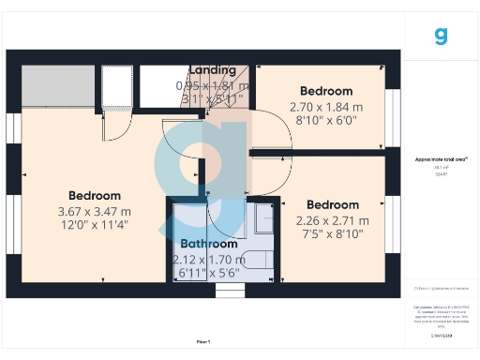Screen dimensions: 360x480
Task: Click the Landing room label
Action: pos(212,70)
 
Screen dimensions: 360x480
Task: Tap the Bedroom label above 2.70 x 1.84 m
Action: pos(326,91)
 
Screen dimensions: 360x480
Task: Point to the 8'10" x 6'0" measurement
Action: pos(326,120)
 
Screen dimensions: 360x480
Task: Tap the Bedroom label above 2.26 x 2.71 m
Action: pos(333,204)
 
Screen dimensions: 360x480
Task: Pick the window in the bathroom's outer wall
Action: pos(229,291)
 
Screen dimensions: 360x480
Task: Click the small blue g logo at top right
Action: pos(442,36)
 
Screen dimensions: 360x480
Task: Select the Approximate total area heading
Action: pos(441,159)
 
